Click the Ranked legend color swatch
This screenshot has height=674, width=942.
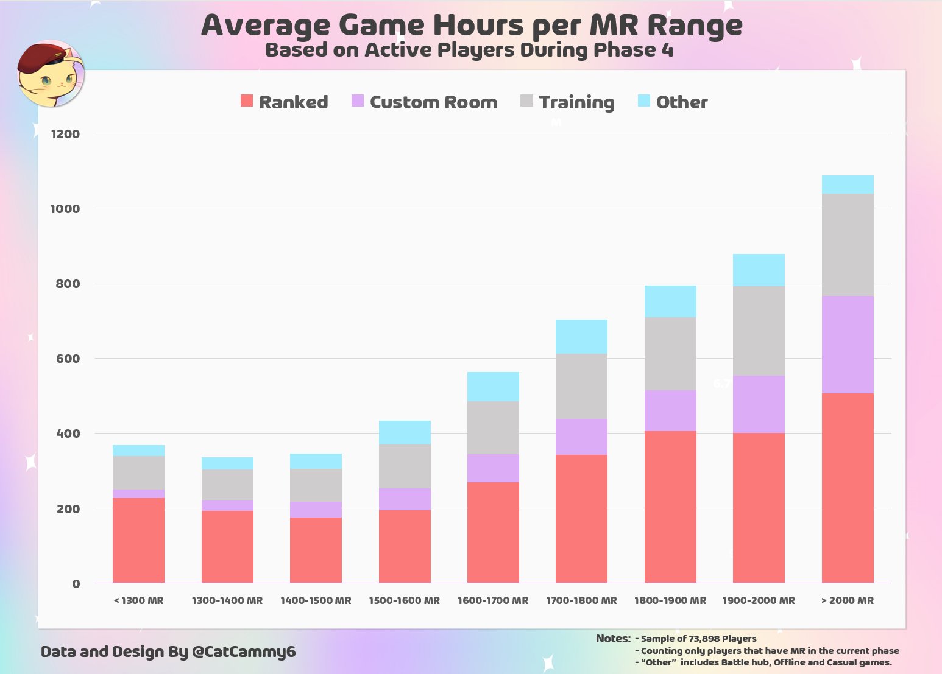point(247,101)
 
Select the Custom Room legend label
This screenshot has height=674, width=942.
point(433,102)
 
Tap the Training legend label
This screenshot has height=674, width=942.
point(576,102)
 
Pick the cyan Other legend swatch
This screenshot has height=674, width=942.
point(644,101)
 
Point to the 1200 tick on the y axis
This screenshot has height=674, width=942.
point(65,134)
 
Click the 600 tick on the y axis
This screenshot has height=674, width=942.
point(68,359)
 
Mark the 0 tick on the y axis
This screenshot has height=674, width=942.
point(76,584)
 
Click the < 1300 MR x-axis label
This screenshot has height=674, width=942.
point(138,600)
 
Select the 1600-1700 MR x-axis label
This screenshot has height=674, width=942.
point(493,600)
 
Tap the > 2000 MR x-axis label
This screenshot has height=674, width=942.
point(847,600)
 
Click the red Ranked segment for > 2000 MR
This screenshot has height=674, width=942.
point(847,487)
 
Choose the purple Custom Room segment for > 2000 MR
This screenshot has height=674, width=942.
point(847,345)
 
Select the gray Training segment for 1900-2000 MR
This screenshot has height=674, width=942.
point(759,331)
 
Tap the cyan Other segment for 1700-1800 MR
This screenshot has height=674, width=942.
point(581,337)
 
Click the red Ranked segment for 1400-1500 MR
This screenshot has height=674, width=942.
point(316,550)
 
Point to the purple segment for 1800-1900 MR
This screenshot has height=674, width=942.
point(670,410)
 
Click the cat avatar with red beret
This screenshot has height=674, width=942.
point(50,74)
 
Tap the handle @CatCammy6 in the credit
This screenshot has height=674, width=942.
point(244,652)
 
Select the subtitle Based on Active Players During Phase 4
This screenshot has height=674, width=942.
point(469,50)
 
